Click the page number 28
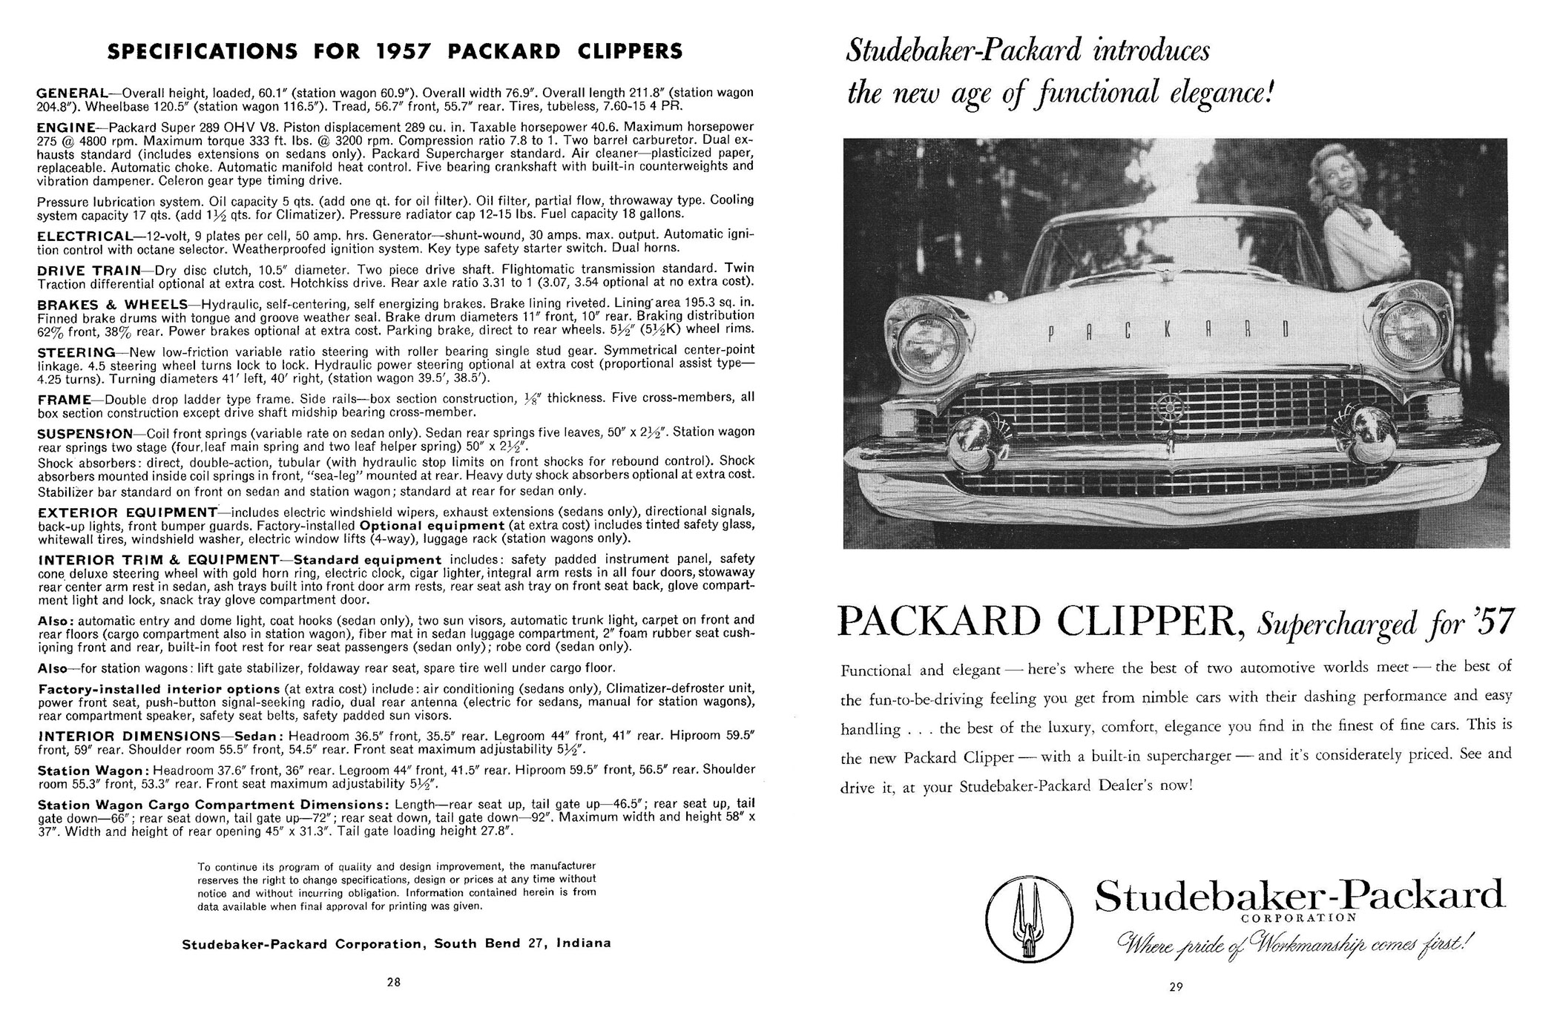click(393, 982)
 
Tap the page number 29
click(1175, 986)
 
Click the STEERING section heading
click(76, 352)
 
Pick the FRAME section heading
click(64, 400)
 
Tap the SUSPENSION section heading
click(85, 433)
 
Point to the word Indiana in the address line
click(583, 944)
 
